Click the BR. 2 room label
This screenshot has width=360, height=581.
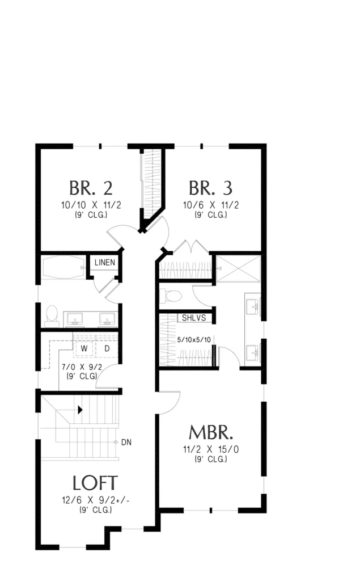[91, 188]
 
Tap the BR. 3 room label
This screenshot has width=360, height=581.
[211, 188]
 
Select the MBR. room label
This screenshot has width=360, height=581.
[211, 432]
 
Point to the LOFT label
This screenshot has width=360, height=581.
[95, 483]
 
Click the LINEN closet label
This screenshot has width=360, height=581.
[105, 263]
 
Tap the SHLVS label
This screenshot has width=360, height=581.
[194, 318]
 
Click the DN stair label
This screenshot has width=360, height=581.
[126, 443]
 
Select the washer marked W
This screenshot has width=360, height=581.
[84, 349]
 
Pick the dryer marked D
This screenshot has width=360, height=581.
[107, 349]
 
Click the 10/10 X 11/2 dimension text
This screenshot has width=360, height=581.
[91, 205]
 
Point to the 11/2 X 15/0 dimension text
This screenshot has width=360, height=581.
[211, 449]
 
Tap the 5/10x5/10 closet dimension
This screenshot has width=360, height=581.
[194, 339]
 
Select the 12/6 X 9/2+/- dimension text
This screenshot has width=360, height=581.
[96, 500]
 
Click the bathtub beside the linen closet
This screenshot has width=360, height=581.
[63, 267]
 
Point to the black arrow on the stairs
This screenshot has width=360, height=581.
[80, 410]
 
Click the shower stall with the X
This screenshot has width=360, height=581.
[238, 269]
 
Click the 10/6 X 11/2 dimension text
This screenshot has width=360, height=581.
[211, 205]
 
